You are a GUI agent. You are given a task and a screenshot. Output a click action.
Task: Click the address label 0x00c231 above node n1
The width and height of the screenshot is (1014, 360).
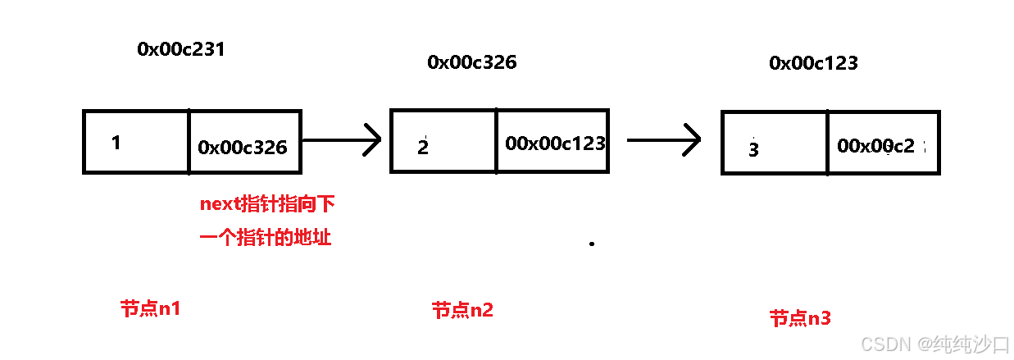(180, 49)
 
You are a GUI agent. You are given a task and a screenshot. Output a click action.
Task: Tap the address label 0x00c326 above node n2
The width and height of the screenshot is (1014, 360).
(471, 62)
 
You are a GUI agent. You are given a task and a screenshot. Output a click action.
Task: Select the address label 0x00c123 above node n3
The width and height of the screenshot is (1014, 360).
(813, 63)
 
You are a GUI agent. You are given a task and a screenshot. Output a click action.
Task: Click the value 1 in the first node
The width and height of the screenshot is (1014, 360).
(116, 143)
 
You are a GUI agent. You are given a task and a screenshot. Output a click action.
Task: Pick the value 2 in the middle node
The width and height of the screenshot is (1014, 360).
(423, 148)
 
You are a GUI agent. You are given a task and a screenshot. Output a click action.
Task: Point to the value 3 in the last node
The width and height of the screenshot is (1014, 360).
(754, 150)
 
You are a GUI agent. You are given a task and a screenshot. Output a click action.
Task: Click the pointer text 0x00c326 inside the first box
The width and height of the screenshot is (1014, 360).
(243, 148)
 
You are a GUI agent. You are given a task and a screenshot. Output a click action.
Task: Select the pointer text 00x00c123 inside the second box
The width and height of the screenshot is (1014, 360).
(555, 144)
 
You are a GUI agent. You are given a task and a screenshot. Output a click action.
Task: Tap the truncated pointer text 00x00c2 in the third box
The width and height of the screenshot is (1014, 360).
(876, 146)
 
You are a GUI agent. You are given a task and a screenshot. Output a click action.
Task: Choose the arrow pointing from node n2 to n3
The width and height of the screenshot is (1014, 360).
(663, 139)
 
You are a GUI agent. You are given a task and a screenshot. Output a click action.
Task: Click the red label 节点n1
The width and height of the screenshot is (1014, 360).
(150, 309)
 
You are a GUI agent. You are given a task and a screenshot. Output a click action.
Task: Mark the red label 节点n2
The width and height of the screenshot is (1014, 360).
(462, 310)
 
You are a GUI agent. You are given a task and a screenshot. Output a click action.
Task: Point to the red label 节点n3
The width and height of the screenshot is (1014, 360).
(799, 318)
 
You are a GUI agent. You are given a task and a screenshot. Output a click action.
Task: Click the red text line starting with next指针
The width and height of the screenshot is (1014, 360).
(267, 203)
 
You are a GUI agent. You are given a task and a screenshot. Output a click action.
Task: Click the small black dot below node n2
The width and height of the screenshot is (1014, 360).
(592, 244)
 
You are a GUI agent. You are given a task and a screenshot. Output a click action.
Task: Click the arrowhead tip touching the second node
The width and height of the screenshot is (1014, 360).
(380, 139)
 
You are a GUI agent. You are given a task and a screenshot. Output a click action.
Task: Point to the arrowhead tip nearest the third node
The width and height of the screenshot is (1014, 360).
(699, 139)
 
